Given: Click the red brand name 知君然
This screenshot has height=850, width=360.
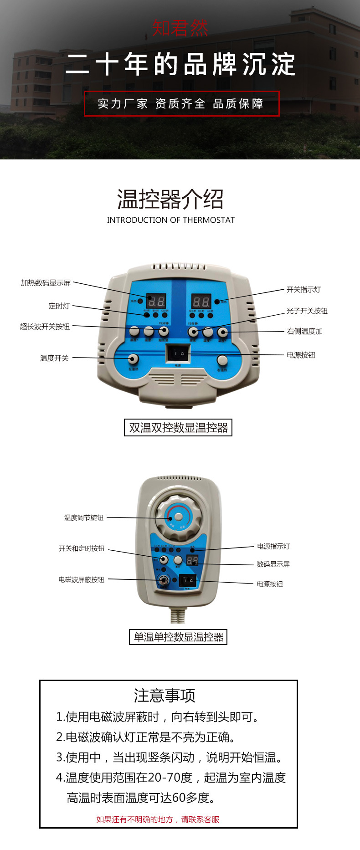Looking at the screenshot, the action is coord(180,28).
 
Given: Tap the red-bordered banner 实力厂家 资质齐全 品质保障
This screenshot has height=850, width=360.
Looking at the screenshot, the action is coord(181,104).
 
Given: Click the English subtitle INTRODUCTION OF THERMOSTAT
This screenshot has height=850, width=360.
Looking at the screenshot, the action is coord(171,220).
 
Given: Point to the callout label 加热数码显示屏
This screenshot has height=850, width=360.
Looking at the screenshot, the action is coord(46,283).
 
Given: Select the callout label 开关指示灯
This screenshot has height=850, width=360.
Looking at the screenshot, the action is coord(303,290).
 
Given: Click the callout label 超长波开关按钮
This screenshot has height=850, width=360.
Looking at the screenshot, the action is coord(45,326).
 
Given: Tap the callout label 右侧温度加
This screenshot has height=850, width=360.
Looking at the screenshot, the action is coord(304,331).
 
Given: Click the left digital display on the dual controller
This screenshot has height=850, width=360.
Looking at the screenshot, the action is coord(156,301).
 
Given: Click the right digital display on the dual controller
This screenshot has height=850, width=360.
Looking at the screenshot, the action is coord(201,301).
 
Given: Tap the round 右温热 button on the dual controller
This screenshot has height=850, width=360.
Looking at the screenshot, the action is coord(222,360).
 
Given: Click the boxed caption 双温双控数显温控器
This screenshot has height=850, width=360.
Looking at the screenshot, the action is coord(178,428).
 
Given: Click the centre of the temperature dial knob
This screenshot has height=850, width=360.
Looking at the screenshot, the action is coord(179,517).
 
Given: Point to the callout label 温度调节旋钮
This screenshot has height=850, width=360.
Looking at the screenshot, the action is coord(84,517).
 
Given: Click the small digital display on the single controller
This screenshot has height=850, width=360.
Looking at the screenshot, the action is coord(192,560).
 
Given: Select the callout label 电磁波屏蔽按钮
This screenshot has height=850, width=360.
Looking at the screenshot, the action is coord(81,579).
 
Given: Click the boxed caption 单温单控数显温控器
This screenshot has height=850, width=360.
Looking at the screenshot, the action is coord(178,637).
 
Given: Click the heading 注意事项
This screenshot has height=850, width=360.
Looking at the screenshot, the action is coord(165,696).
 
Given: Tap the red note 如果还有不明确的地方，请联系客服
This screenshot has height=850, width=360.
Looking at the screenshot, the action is coord(158,819).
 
